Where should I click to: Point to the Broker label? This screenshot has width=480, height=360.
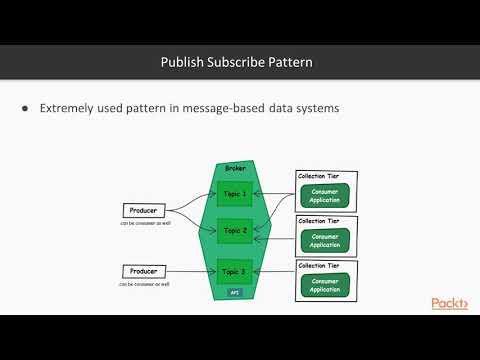pos(236,169)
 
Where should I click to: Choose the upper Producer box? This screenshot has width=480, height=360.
pos(144,211)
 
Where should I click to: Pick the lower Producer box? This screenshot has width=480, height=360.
pos(144,271)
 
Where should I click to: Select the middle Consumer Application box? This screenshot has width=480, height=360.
pos(326,239)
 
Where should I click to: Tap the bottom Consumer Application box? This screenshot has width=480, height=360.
pos(326,284)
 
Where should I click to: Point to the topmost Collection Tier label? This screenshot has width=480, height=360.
pos(318,176)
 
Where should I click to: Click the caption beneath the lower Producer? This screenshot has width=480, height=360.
pos(144,284)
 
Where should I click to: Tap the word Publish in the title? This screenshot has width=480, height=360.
pos(183,62)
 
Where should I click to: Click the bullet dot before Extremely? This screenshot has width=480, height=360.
pos(24,108)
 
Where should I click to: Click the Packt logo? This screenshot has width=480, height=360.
pos(449,304)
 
